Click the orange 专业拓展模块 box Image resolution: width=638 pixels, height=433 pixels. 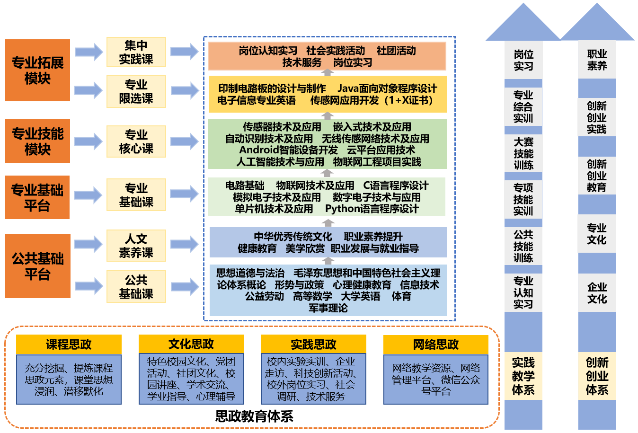[37, 70]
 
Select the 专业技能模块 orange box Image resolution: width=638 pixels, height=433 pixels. [37, 141]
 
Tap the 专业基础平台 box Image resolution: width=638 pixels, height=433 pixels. [37, 197]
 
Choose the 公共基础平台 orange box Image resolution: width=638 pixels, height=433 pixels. [37, 266]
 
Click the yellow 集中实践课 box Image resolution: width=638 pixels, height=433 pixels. [136, 52]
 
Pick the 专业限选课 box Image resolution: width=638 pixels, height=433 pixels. [136, 91]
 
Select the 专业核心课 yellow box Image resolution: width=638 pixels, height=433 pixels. [136, 141]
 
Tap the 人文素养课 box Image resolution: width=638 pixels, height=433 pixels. [136, 246]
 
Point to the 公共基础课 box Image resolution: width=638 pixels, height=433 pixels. [136, 286]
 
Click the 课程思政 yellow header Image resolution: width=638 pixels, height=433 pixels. [69, 344]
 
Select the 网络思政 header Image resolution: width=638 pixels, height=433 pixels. [435, 344]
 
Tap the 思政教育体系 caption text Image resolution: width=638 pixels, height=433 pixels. [254, 416]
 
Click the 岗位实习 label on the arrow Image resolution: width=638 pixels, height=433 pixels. [523, 60]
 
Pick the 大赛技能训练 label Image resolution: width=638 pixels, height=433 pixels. [523, 153]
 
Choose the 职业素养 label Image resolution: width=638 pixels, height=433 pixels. [597, 60]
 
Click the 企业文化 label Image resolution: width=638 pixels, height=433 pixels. [597, 293]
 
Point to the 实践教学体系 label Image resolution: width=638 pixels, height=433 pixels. [523, 376]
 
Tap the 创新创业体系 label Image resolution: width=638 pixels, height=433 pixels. [597, 376]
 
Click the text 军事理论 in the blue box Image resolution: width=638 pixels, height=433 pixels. [328, 308]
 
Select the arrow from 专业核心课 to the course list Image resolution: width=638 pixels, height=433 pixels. [185, 141]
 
